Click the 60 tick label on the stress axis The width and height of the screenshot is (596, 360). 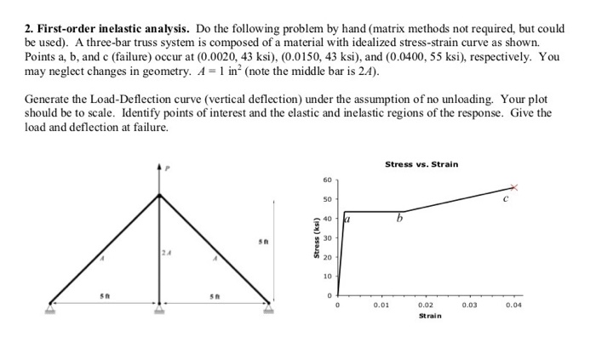(x=326, y=180)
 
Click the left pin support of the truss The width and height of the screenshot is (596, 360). (x=51, y=306)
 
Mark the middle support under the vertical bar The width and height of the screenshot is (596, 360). (x=159, y=307)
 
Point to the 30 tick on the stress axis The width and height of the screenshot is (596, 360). (x=326, y=238)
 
